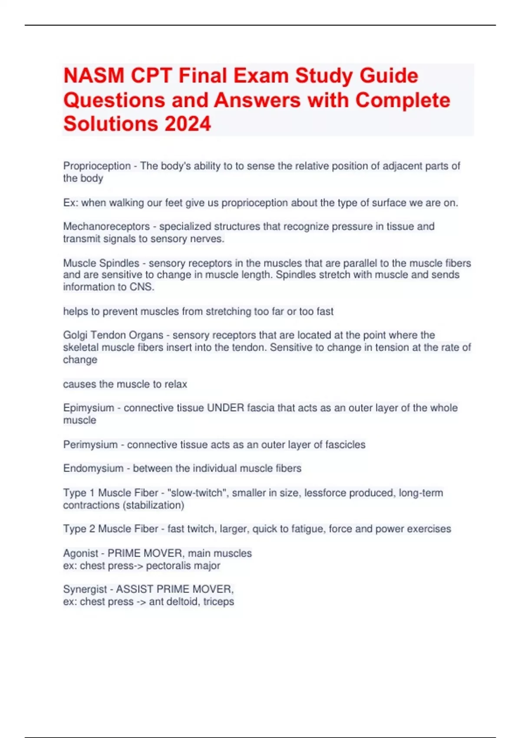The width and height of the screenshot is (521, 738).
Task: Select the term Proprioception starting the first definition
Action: point(97,166)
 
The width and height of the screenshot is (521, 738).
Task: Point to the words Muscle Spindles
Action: point(101,263)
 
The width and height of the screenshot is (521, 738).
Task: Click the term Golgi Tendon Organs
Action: point(113,335)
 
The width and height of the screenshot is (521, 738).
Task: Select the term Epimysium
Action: point(89,408)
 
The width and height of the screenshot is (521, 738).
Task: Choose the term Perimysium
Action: point(90,445)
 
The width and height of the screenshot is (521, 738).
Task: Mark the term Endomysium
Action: point(93,468)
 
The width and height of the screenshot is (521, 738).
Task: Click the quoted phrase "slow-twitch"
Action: point(198,493)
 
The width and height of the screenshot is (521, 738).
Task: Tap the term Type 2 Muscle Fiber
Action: point(111,529)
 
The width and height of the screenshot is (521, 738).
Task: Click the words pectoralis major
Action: point(183,566)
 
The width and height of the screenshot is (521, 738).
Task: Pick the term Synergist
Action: point(85,589)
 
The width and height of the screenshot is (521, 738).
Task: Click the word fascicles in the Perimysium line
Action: point(345,445)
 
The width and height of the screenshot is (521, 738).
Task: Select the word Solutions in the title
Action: point(110,124)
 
